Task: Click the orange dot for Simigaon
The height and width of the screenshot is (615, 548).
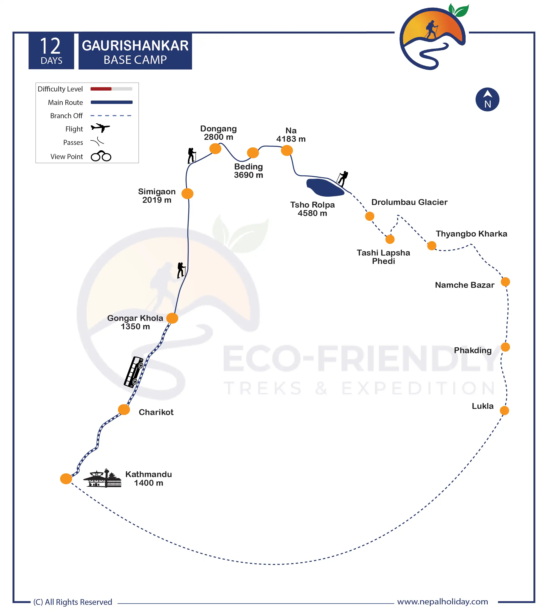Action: pyautogui.click(x=187, y=193)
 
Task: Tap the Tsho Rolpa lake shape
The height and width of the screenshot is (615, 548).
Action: pyautogui.click(x=325, y=187)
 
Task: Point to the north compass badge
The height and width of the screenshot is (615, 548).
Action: pyautogui.click(x=487, y=100)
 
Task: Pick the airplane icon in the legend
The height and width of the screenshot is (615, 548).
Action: pyautogui.click(x=100, y=128)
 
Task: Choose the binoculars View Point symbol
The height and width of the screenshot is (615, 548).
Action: pyautogui.click(x=101, y=156)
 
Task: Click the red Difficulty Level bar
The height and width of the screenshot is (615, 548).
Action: pyautogui.click(x=101, y=89)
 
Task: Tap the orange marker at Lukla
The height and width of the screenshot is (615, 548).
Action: pyautogui.click(x=504, y=410)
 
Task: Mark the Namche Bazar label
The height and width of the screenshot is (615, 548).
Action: pyautogui.click(x=464, y=285)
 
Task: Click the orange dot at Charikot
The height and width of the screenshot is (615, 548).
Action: pyautogui.click(x=124, y=410)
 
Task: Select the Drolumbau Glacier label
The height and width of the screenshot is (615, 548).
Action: pyautogui.click(x=409, y=202)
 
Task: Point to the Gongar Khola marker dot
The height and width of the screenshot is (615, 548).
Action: pyautogui.click(x=172, y=318)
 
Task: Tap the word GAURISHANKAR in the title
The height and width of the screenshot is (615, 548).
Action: pyautogui.click(x=135, y=46)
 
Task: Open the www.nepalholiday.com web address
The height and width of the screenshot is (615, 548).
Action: pyautogui.click(x=442, y=602)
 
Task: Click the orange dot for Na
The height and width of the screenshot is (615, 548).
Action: pyautogui.click(x=287, y=150)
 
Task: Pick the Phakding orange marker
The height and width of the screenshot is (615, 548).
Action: pyautogui.click(x=505, y=347)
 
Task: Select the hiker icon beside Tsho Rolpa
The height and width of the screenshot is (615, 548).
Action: pyautogui.click(x=342, y=178)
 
